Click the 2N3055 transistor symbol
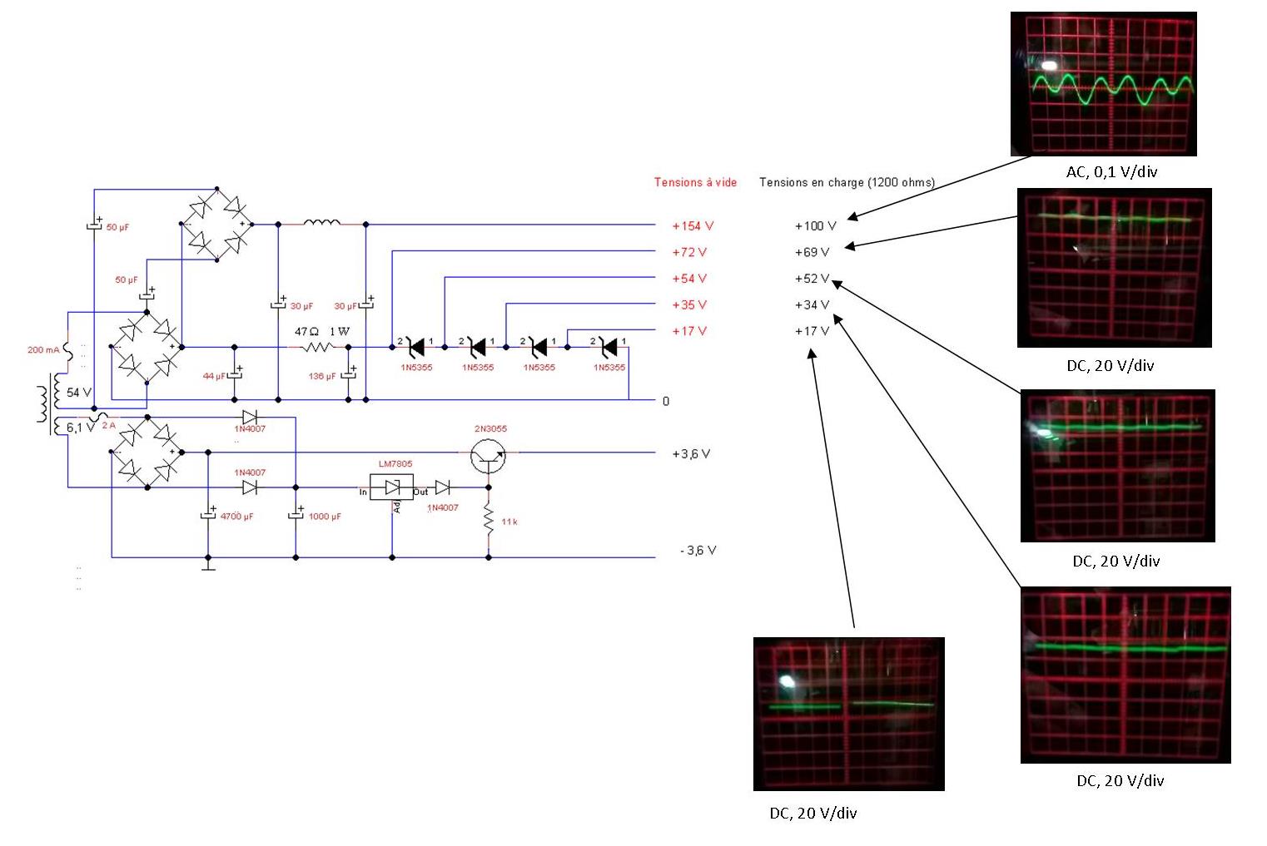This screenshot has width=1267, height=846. pyautogui.click(x=488, y=454)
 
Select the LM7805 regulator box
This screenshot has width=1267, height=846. pyautogui.click(x=392, y=487)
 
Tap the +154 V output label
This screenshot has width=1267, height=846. pyautogui.click(x=693, y=226)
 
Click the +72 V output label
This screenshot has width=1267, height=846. pyautogui.click(x=689, y=252)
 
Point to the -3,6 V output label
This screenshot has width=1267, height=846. pyautogui.click(x=698, y=551)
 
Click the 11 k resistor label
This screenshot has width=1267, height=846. pyautogui.click(x=509, y=522)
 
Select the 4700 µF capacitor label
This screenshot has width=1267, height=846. pyautogui.click(x=236, y=517)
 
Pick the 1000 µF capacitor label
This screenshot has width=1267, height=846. pyautogui.click(x=325, y=517)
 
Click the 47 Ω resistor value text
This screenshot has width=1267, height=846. pyautogui.click(x=306, y=332)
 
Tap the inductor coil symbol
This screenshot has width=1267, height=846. pyautogui.click(x=322, y=222)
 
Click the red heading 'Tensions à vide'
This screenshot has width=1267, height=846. pyautogui.click(x=695, y=183)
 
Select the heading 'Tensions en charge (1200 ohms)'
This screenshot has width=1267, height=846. pyautogui.click(x=847, y=183)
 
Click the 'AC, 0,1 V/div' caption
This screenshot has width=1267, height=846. pyautogui.click(x=1111, y=172)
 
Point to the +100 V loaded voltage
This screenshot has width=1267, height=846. pyautogui.click(x=815, y=226)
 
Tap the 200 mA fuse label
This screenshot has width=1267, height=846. pyautogui.click(x=43, y=350)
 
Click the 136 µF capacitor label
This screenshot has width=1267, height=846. pyautogui.click(x=322, y=377)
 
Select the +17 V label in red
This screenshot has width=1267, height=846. pyautogui.click(x=689, y=331)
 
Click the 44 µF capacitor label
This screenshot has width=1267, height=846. pyautogui.click(x=214, y=377)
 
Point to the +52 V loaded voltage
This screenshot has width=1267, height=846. pyautogui.click(x=812, y=279)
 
